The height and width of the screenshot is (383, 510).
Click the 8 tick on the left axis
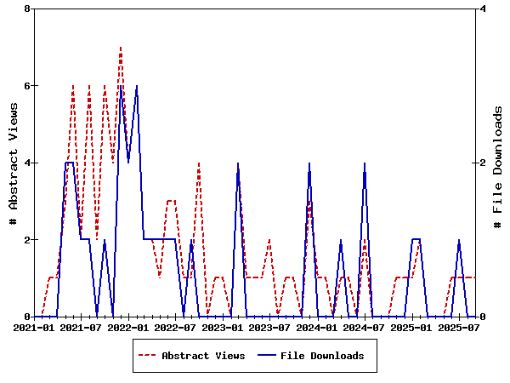[27, 9]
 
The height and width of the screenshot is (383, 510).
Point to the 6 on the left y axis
[27, 86]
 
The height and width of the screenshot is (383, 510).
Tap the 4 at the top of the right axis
[483, 9]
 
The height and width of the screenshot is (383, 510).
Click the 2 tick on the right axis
[483, 163]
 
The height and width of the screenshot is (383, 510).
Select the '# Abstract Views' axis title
[13, 163]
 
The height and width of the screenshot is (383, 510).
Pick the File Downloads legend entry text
[322, 356]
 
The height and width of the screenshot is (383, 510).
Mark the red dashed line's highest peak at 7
[121, 48]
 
